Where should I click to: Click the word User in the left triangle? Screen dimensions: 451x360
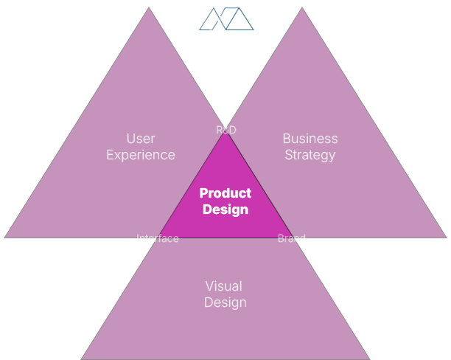[141, 139]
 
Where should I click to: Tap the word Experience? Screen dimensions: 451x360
[141, 155]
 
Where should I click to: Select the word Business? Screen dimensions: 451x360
[310, 139]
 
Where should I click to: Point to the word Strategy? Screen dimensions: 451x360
[310, 155]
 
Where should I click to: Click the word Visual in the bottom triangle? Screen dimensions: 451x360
[223, 286]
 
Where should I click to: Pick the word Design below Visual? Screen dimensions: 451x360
[225, 302]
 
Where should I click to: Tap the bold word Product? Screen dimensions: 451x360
[225, 193]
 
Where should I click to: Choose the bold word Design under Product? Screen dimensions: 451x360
[225, 210]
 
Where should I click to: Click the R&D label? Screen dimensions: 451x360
[226, 130]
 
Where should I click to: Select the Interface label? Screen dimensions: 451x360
[158, 238]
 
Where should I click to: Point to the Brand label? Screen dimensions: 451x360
[291, 238]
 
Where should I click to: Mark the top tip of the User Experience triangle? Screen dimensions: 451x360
[150, 8]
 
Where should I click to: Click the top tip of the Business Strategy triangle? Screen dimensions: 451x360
[302, 8]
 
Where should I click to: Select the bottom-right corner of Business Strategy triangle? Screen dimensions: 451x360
[445, 237]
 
